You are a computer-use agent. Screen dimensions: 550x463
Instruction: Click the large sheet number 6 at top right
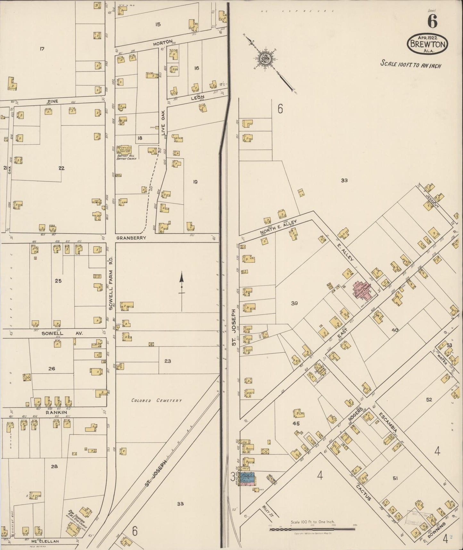433,22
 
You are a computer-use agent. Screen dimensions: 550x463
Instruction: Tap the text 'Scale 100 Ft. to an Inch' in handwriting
410,64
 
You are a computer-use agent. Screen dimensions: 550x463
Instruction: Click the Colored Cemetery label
157,400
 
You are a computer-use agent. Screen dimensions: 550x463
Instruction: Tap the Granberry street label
131,238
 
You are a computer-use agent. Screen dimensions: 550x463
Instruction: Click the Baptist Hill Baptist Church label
127,157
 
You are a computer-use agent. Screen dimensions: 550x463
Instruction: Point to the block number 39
294,303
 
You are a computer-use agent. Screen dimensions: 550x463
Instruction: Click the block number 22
62,168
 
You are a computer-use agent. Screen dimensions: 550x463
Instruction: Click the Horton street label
163,42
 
